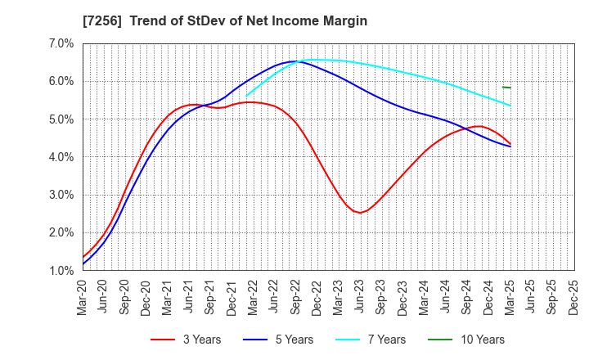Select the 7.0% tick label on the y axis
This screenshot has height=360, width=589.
tap(62, 43)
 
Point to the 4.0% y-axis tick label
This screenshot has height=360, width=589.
tap(62, 157)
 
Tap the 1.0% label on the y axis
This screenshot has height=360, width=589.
tap(62, 271)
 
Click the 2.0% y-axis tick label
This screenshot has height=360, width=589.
tap(62, 233)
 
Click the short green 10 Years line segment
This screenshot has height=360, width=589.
tap(506, 87)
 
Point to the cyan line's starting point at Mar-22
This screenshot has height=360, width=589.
tap(247, 96)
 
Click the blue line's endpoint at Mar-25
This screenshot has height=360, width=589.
tap(510, 146)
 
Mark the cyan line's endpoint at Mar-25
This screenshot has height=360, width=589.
tap(510, 106)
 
